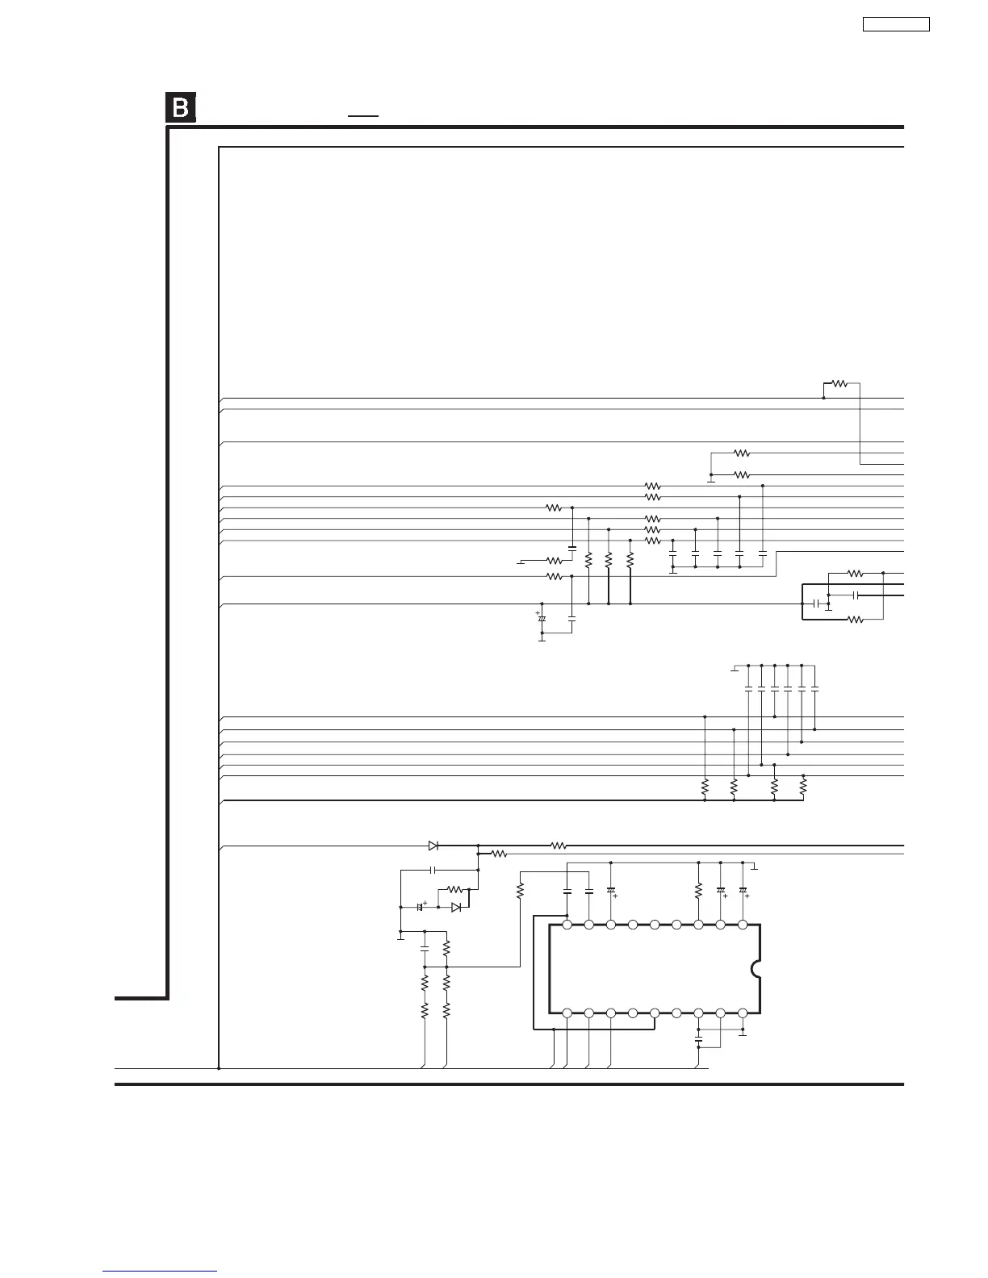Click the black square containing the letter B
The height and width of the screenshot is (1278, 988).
(x=181, y=108)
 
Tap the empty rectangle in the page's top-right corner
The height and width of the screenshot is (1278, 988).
(x=896, y=24)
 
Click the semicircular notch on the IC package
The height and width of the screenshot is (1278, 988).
(x=756, y=969)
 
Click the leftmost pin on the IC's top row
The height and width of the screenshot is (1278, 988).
(x=567, y=925)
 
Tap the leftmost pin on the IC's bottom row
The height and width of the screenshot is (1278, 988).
(x=567, y=1013)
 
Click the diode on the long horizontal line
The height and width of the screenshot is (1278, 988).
(x=433, y=846)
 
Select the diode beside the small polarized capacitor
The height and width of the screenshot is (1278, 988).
(x=456, y=907)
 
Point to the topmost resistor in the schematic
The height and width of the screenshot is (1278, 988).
(x=839, y=384)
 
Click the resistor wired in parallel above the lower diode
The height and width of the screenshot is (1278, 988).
(x=454, y=889)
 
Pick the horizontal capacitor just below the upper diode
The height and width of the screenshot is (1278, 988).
(x=433, y=871)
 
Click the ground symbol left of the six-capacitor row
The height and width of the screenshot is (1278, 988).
(x=734, y=668)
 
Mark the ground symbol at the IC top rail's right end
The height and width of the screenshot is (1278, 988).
(x=754, y=868)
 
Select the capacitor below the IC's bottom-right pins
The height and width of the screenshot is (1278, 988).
(x=699, y=1041)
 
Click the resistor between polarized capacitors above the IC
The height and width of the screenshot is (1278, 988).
(x=699, y=891)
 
